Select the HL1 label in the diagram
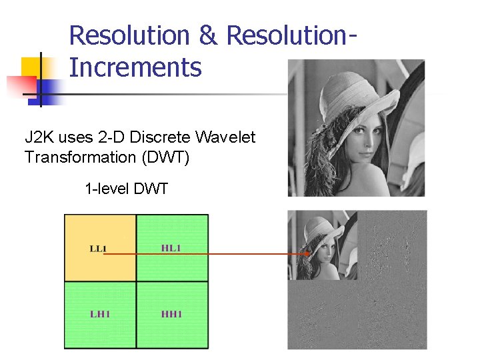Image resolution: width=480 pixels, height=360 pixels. [x=171, y=248]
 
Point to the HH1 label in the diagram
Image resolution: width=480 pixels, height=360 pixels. [x=171, y=313]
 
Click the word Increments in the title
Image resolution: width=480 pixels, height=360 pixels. [x=135, y=67]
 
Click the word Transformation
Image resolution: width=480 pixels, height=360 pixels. [x=78, y=157]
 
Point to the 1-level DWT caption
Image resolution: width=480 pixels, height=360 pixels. [x=127, y=189]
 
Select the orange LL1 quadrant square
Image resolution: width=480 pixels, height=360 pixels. [x=100, y=247]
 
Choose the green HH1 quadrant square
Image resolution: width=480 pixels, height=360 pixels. [x=173, y=315]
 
